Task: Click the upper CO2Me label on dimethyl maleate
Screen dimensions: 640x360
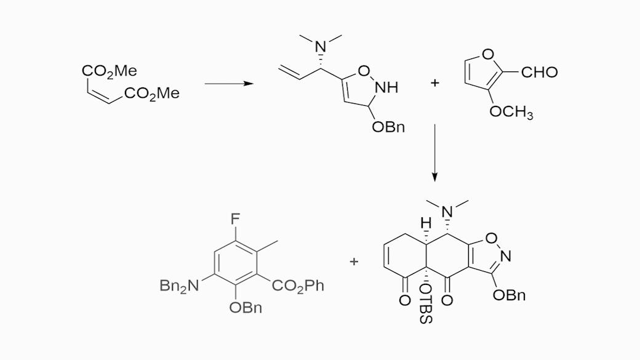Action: pos(109,71)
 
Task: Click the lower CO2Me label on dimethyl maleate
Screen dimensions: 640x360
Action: pos(151,94)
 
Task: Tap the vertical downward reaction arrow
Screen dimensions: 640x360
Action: pos(434,153)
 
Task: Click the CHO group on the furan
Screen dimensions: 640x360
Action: pos(539,73)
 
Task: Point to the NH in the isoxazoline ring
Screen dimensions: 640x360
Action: pos(386,87)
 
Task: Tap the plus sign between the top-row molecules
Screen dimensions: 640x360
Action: pos(435,83)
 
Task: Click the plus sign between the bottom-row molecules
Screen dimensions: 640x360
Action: pos(354,262)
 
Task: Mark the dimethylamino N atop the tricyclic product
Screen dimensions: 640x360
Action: pos(448,212)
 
